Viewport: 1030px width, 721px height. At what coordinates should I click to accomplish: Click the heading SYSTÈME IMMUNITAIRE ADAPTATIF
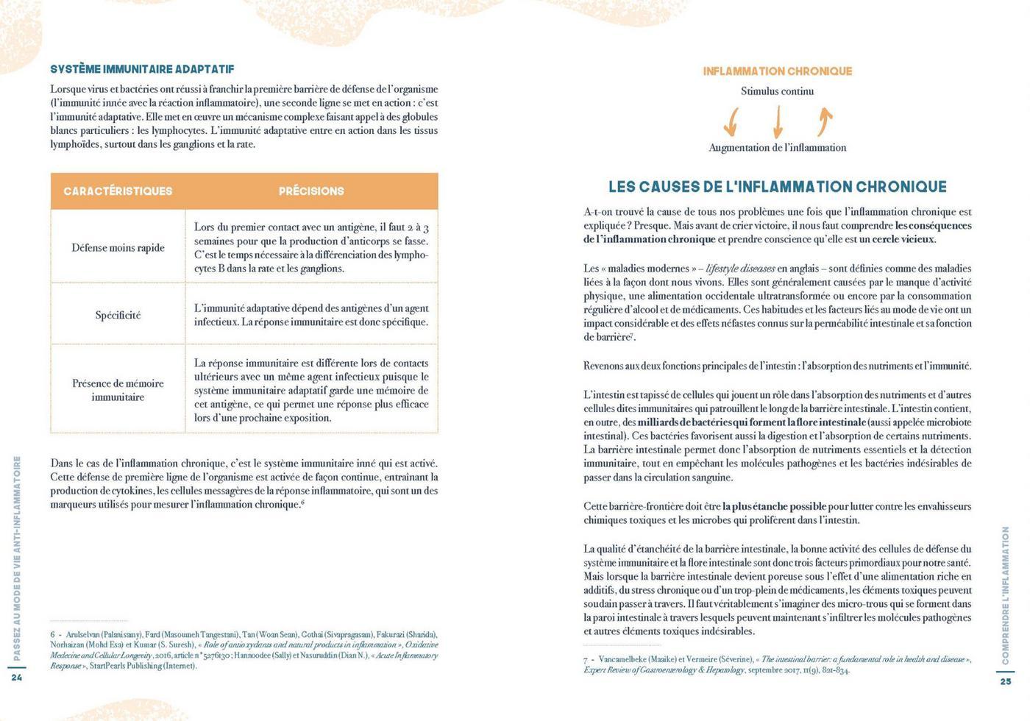click(x=142, y=69)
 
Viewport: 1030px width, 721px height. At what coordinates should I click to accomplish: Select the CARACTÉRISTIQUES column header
click(x=118, y=191)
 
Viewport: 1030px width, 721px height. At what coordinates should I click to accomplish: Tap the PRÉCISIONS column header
click(x=311, y=191)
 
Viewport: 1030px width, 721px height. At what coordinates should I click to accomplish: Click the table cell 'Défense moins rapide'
click(x=118, y=248)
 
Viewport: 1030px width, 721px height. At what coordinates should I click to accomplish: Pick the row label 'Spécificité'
click(x=118, y=316)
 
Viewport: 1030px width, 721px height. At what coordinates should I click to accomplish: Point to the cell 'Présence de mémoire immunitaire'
click(x=118, y=390)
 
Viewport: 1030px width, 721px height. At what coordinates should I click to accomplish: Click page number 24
click(x=17, y=678)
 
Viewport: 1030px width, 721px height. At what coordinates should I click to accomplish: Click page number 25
click(x=1006, y=681)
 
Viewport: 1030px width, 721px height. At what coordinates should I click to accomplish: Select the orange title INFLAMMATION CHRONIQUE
click(x=777, y=71)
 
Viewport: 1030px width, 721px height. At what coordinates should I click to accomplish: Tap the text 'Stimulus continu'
click(x=777, y=91)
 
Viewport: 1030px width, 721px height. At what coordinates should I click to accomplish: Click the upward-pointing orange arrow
click(x=825, y=121)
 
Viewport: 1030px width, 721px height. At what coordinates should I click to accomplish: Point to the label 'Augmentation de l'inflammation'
click(x=777, y=148)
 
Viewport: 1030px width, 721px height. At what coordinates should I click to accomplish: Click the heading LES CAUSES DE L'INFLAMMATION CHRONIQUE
click(x=778, y=187)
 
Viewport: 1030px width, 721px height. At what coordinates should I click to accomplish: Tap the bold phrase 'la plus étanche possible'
click(x=775, y=506)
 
